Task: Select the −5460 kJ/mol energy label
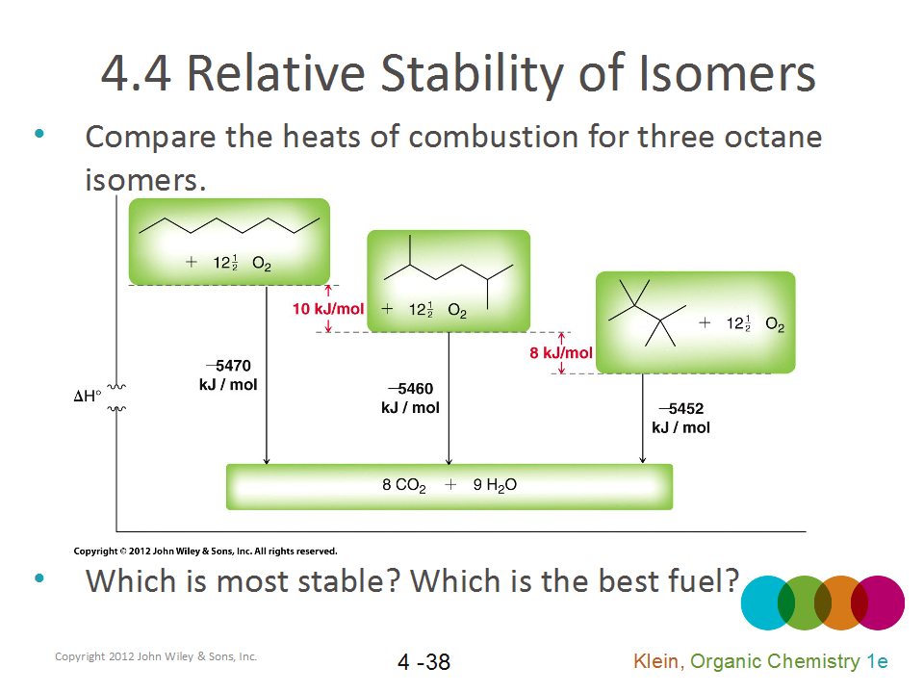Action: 411,398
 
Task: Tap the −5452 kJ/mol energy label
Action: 681,418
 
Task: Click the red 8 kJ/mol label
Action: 561,353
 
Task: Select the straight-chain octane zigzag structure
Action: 229,227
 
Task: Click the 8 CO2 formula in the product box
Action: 404,486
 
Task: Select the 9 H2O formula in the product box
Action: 495,486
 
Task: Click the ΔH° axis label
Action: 88,396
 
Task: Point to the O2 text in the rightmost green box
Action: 775,325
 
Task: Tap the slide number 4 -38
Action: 423,662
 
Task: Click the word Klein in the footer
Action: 655,661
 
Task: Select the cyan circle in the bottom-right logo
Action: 766,602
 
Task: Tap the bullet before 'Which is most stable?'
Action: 39,578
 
